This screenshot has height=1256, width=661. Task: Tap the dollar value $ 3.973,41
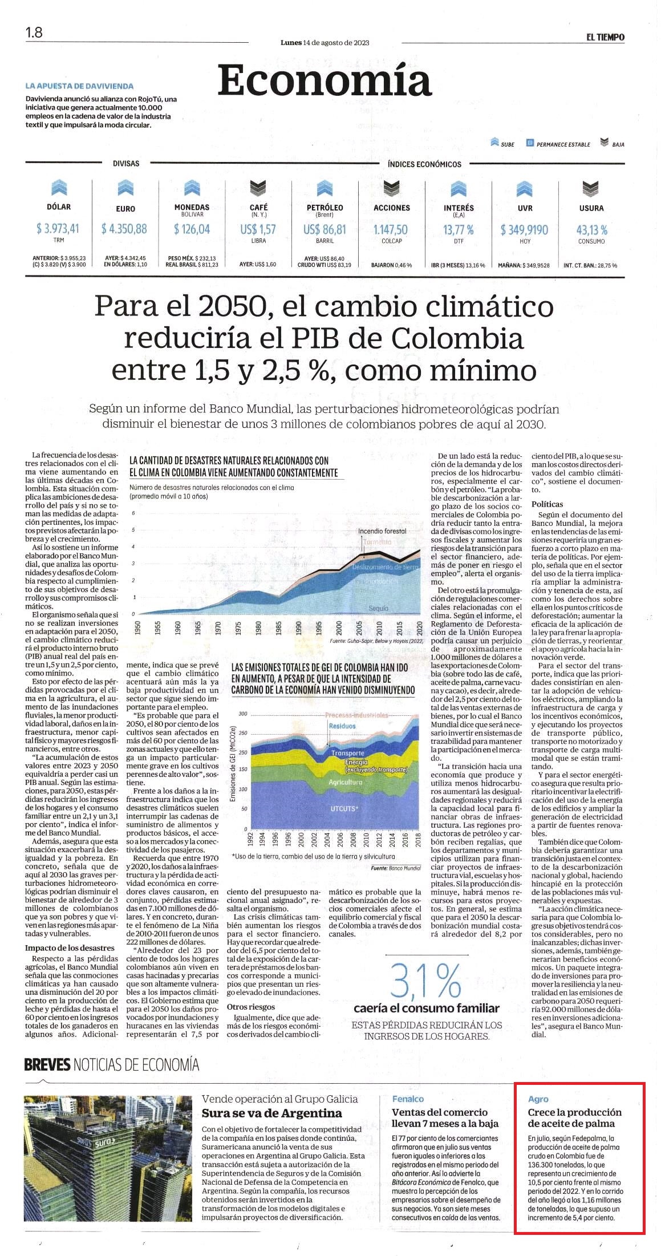point(58,229)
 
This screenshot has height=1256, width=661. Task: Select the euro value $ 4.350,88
point(124,229)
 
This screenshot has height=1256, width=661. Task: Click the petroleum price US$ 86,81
point(325,229)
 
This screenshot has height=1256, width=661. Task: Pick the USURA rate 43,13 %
point(591,229)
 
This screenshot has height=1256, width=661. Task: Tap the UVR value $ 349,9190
point(524,229)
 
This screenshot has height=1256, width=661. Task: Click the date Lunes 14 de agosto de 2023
point(325,43)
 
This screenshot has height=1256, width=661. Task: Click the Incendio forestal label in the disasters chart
point(382,531)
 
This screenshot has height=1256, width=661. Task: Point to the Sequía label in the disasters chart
point(378,608)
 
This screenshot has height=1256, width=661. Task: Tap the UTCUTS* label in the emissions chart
point(344,808)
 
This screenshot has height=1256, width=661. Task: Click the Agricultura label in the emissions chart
point(346,782)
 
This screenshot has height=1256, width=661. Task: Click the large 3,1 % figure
point(425,981)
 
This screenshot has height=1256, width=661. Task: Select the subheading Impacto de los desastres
point(62,947)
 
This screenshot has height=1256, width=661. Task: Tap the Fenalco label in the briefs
point(408,1099)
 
